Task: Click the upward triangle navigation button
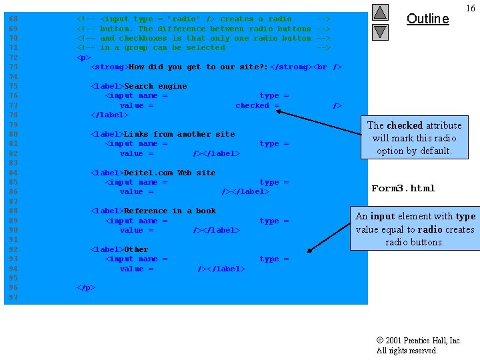[x=380, y=13]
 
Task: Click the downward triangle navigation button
[x=380, y=31]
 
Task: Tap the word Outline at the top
[x=427, y=19]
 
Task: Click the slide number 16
[x=470, y=9]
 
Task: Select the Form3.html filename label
[x=403, y=189]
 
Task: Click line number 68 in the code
[x=13, y=19]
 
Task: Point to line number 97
[x=13, y=297]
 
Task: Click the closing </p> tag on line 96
[x=86, y=288]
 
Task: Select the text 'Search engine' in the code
[x=155, y=86]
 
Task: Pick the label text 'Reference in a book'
[x=169, y=211]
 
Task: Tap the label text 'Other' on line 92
[x=136, y=249]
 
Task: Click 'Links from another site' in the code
[x=179, y=134]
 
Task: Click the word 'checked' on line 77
[x=252, y=105]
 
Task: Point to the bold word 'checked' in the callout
[x=405, y=125]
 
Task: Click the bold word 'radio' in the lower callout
[x=431, y=229]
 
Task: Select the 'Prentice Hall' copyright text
[x=427, y=341]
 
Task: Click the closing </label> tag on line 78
[x=109, y=115]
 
